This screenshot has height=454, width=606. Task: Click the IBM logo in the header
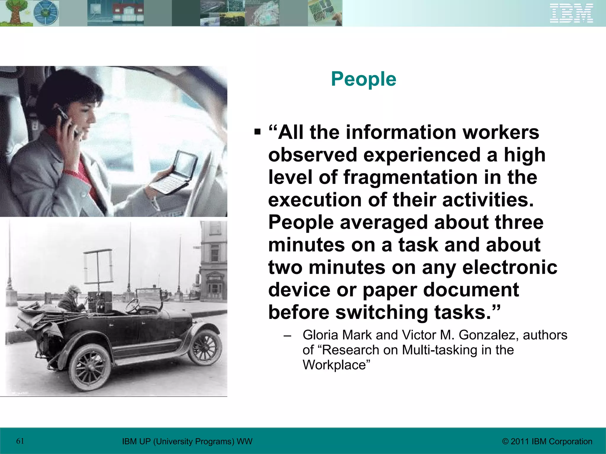click(571, 13)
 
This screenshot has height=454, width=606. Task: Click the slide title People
click(363, 79)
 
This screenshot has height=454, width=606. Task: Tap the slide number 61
click(20, 441)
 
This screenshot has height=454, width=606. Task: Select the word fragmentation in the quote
click(410, 177)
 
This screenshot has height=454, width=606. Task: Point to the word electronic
click(510, 267)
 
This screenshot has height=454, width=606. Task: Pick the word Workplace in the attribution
click(336, 365)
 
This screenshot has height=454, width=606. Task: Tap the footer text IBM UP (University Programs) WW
click(187, 442)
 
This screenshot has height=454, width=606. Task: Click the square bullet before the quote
click(257, 131)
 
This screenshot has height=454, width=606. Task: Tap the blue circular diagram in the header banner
click(46, 13)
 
